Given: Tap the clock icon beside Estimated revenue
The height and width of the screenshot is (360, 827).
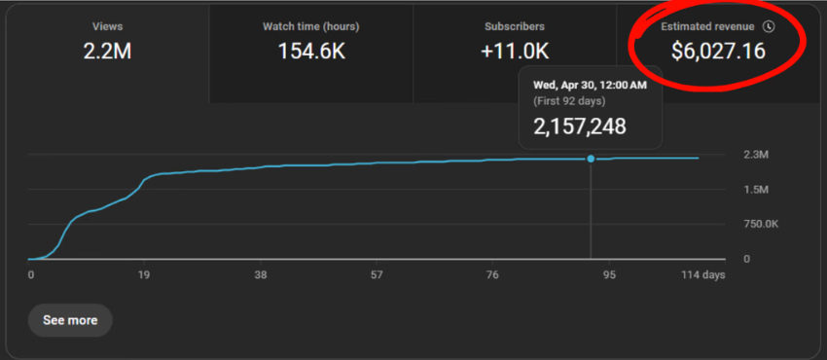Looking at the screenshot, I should tap(769, 27).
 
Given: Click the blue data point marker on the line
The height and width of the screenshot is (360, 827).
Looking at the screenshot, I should tap(591, 159).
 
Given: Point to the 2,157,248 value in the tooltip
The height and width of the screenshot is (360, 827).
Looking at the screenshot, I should tap(580, 126).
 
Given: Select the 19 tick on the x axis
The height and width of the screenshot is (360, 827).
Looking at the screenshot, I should tap(144, 275).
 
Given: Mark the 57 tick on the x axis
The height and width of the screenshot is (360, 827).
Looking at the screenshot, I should tap(376, 275).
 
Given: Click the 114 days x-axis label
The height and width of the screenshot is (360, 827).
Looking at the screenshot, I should tap(701, 275).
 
